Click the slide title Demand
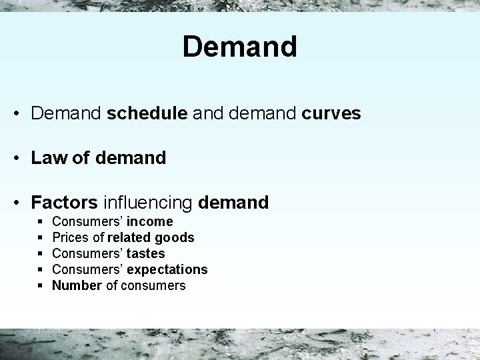(239, 47)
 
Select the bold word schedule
(147, 114)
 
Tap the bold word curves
(331, 114)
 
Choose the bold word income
(150, 221)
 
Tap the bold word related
(129, 237)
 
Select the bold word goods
(175, 237)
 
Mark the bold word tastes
(146, 253)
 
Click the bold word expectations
(167, 269)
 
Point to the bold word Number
(77, 285)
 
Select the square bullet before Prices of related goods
(41, 237)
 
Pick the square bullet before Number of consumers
(41, 285)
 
